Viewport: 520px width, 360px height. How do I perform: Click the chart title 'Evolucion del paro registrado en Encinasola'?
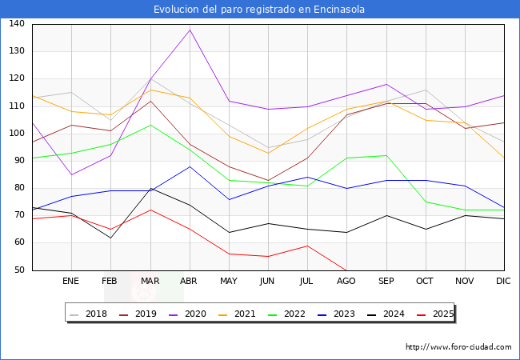260,10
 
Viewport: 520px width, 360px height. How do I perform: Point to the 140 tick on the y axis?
16,24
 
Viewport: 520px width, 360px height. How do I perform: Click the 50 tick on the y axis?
18,270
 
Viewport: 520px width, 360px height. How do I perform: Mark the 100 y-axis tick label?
16,134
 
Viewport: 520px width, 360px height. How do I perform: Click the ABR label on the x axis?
189,282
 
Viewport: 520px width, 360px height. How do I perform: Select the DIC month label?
503,282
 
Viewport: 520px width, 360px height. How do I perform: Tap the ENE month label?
71,282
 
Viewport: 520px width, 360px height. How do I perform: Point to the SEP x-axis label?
386,282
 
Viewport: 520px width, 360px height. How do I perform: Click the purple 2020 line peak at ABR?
190,30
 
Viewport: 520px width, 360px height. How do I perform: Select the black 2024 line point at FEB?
110,238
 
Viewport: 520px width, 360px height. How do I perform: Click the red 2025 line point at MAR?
150,210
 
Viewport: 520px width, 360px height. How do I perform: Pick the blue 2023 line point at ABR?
190,166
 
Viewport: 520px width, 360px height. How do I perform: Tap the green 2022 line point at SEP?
386,155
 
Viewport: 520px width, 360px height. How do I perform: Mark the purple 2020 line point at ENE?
71,174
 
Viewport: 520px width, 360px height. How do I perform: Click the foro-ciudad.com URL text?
458,347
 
